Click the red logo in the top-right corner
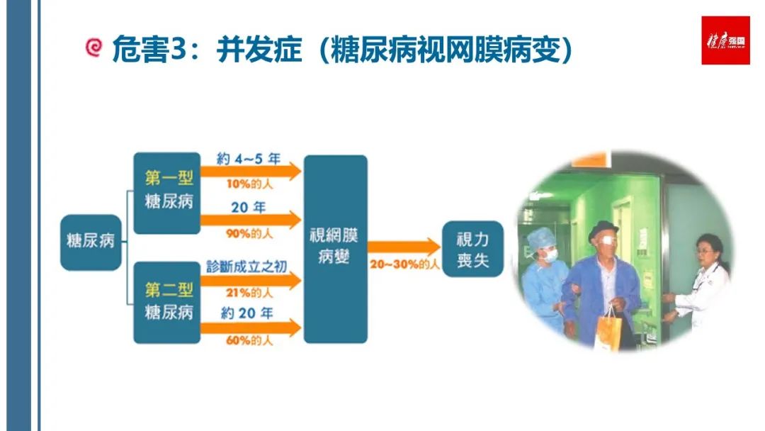coord(725,40)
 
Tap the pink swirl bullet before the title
coord(93,47)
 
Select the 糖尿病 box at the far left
coord(91,242)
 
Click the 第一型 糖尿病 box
coord(167,194)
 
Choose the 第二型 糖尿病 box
coord(167,303)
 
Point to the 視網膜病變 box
coord(336,249)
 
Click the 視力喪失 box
coord(472,249)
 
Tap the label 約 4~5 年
coord(249,159)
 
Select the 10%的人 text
coord(249,184)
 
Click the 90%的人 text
coord(249,234)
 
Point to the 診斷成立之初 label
coord(246,267)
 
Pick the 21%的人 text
coord(249,293)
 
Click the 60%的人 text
coord(249,340)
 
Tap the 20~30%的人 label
coord(404,264)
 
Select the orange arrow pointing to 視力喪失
coord(404,247)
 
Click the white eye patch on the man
coord(604,239)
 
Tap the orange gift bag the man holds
coord(608,332)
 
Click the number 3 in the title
coord(179,48)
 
